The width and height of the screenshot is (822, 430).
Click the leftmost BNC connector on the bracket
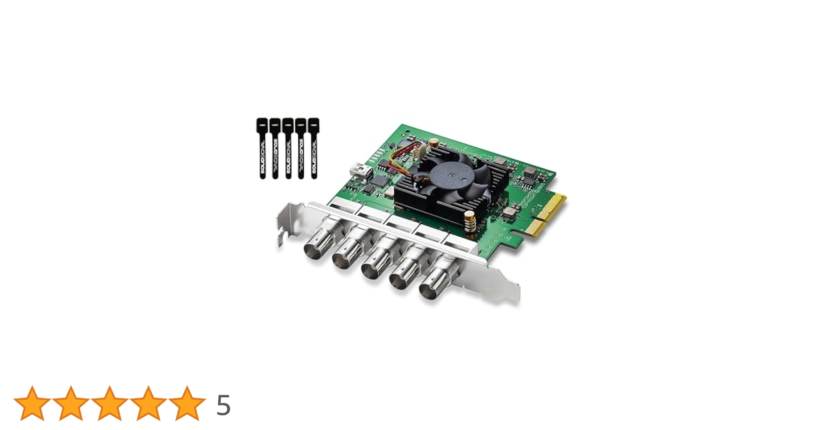pos(315,247)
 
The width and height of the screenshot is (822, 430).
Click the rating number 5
pos(223,405)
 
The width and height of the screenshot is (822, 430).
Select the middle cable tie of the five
pos(288,148)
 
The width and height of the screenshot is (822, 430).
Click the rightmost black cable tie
pos(314,148)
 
